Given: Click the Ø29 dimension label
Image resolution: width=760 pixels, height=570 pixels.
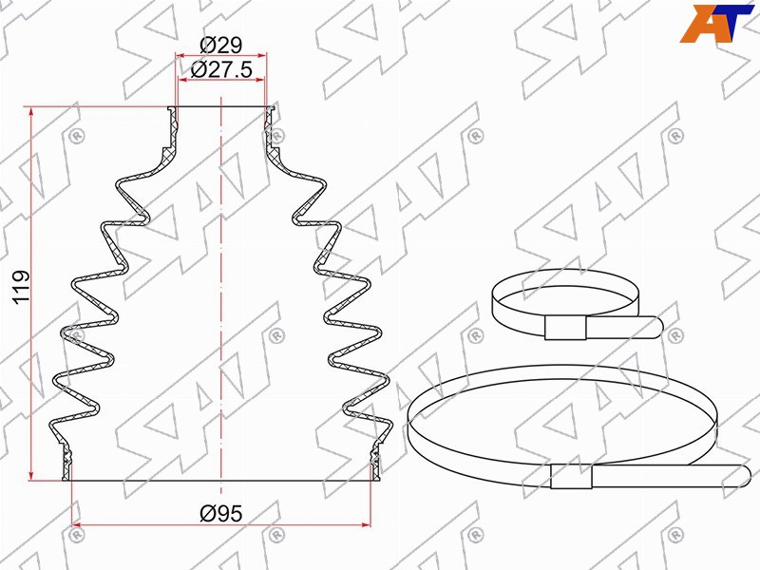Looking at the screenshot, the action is click(x=220, y=45).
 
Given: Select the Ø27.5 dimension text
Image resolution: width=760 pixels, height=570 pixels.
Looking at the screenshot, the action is click(x=221, y=69).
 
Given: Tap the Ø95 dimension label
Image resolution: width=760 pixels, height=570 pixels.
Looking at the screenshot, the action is click(x=221, y=513).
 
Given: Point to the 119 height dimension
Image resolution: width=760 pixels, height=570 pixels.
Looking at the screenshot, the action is click(x=21, y=287).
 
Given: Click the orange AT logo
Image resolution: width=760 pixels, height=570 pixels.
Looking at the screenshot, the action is click(x=716, y=23).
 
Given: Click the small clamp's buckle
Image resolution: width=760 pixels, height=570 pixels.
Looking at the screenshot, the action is click(x=565, y=327).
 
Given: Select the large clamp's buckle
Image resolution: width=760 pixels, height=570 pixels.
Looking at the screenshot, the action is click(x=572, y=476).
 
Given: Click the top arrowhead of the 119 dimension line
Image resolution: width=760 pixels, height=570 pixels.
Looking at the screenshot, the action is click(x=31, y=112).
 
